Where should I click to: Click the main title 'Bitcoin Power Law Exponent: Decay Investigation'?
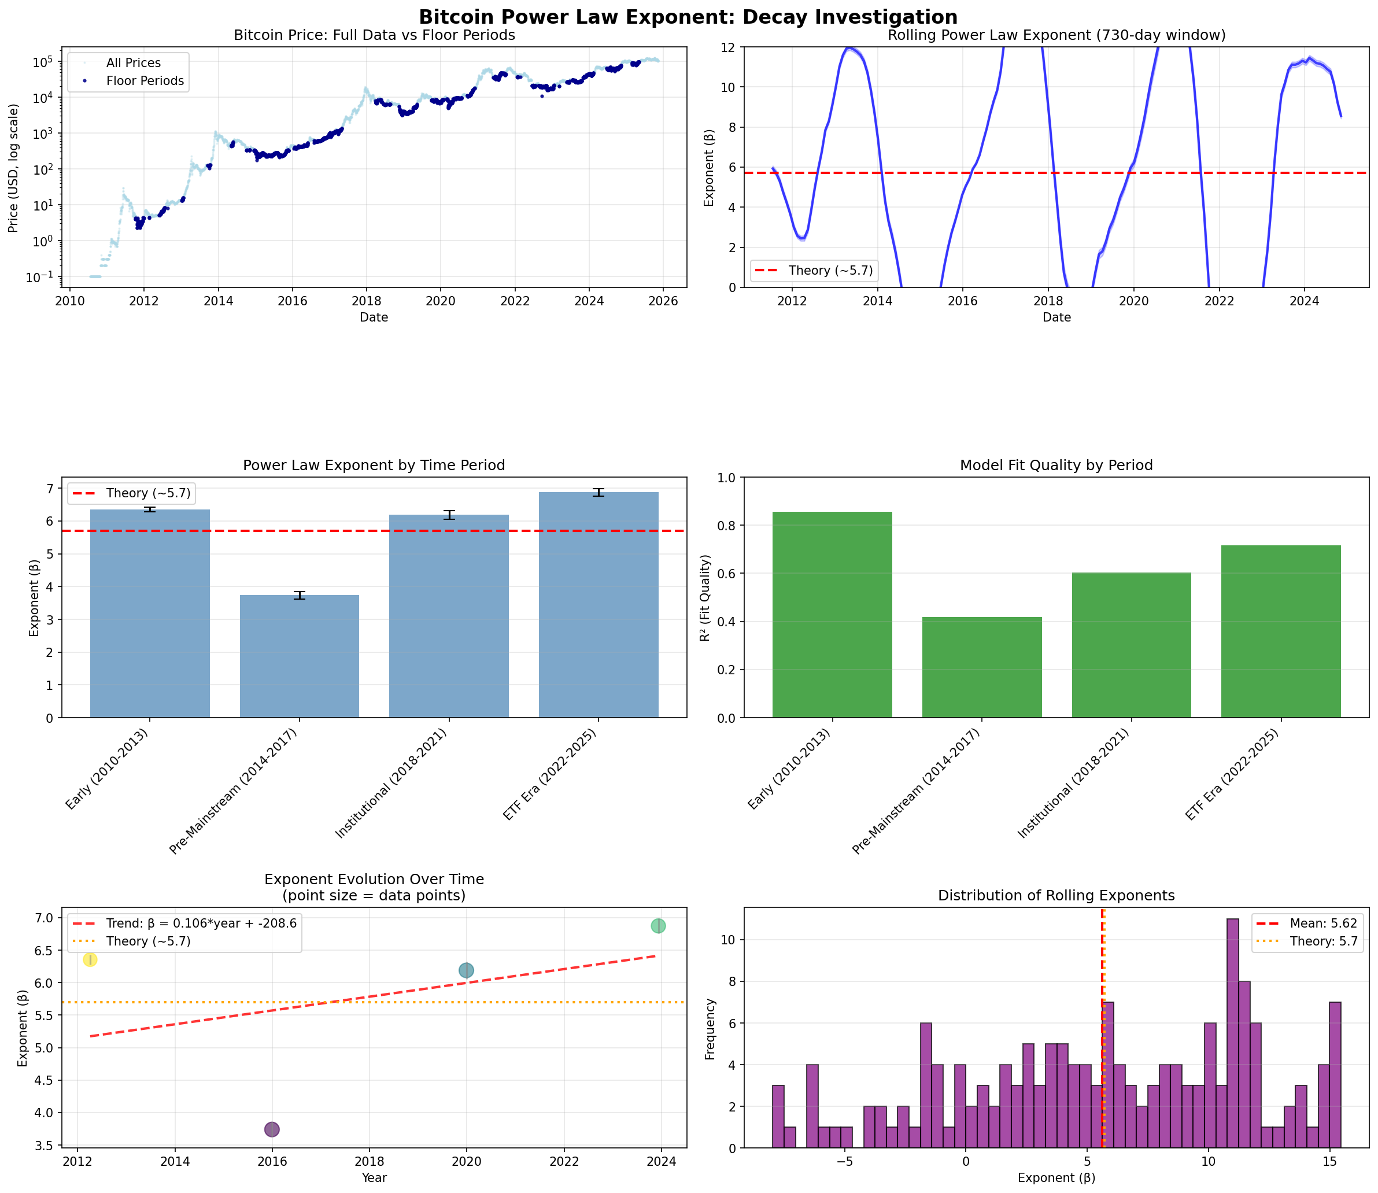[688, 17]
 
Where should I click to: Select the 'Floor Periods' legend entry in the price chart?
[145, 81]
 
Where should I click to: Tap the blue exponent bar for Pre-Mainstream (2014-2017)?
[299, 656]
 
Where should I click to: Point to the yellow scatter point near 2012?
[90, 959]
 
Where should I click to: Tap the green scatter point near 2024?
[657, 925]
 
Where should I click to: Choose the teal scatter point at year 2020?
[466, 970]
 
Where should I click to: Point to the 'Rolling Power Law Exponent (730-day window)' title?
[1056, 35]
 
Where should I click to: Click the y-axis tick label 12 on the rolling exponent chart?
[727, 47]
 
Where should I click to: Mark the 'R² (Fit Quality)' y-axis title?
[705, 598]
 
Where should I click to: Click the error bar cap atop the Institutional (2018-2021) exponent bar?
[449, 511]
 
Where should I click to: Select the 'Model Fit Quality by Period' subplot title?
[1056, 466]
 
